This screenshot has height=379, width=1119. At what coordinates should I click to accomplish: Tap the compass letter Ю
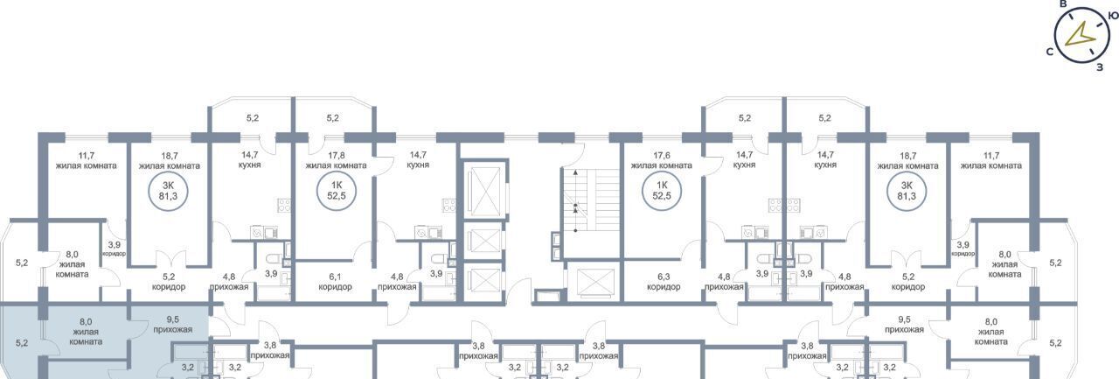1114,17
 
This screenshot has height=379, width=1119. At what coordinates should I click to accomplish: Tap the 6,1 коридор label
335,282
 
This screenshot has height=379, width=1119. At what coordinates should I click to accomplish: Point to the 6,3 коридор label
664,282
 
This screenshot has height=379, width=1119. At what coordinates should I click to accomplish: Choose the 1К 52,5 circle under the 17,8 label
337,191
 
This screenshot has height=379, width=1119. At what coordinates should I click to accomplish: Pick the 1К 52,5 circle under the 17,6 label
662,191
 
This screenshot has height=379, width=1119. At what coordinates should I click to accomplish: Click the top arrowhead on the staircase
575,172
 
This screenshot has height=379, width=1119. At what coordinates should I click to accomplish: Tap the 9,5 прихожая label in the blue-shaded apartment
173,325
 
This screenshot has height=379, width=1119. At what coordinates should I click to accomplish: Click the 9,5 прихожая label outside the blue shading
904,325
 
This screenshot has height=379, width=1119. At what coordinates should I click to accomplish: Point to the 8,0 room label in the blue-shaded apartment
86,332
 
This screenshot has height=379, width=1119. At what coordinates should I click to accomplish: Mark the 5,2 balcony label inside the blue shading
22,343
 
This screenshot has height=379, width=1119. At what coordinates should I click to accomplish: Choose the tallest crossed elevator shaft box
484,192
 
